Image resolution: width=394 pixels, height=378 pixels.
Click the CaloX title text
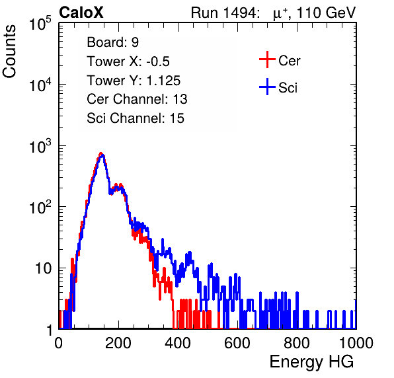pos(81,13)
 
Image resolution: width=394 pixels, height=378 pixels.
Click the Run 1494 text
pos(225,13)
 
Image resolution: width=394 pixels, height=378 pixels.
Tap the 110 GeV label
pos(326,13)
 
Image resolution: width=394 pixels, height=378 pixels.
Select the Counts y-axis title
pos(9,52)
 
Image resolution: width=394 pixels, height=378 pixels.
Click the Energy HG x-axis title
pos(311,361)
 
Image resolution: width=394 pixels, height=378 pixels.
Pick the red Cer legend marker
pos(267,59)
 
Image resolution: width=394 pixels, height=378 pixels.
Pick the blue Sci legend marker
pos(267,87)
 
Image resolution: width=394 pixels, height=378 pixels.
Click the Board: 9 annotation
pos(112,42)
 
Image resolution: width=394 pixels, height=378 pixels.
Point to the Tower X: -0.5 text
pos(128,61)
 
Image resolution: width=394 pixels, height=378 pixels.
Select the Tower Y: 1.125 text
pos(134,81)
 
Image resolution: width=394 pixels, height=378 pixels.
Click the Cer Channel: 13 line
pos(137,99)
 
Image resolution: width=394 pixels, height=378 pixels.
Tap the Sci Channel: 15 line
pos(136,118)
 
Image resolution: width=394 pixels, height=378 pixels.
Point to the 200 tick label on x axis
pos(118,343)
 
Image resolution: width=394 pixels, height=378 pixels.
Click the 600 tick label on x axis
pos(237,343)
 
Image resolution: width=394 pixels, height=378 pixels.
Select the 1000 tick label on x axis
pos(356,343)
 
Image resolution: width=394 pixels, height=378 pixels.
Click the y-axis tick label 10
pos(43,268)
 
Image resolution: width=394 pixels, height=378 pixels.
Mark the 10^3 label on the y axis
pos(40,146)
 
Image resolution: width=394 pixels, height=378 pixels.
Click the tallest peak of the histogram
pos(101,153)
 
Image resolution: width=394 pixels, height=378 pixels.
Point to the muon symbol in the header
pos(277,14)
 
